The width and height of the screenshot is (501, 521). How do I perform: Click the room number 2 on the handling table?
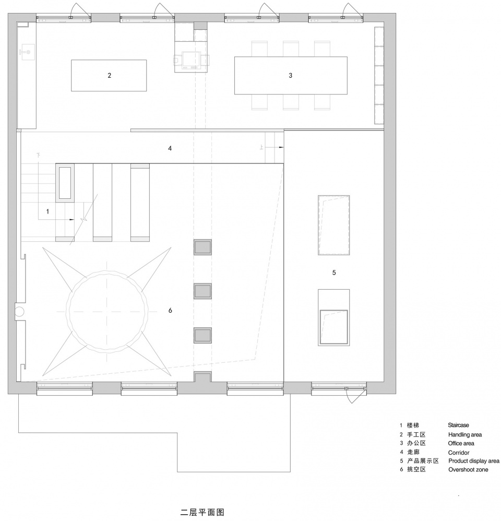pyautogui.click(x=109, y=75)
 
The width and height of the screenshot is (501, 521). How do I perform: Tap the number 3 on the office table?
pyautogui.click(x=290, y=75)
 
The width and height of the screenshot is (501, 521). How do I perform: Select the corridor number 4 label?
pyautogui.click(x=170, y=148)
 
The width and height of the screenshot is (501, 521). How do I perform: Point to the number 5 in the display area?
pyautogui.click(x=334, y=273)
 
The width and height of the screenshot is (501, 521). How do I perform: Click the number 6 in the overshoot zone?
pyautogui.click(x=170, y=310)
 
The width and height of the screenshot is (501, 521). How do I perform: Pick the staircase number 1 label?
pyautogui.click(x=47, y=211)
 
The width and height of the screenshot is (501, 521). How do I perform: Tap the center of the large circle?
pyautogui.click(x=107, y=311)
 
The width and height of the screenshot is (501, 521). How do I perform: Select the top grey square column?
pyautogui.click(x=202, y=247)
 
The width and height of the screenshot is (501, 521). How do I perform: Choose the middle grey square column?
pyautogui.click(x=202, y=291)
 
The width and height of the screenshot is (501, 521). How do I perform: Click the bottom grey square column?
pyautogui.click(x=202, y=335)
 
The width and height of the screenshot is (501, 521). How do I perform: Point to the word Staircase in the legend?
pyautogui.click(x=458, y=425)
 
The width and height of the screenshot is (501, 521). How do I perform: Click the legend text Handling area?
pyautogui.click(x=465, y=435)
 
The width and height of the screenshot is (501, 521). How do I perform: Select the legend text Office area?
pyautogui.click(x=461, y=443)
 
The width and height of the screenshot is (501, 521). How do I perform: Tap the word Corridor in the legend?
pyautogui.click(x=459, y=453)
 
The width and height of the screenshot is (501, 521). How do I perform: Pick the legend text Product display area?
pyautogui.click(x=474, y=461)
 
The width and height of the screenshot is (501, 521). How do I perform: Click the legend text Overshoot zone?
pyautogui.click(x=468, y=469)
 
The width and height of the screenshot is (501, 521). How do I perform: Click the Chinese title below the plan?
pyautogui.click(x=202, y=512)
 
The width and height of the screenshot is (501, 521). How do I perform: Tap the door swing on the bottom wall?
pyautogui.click(x=350, y=396)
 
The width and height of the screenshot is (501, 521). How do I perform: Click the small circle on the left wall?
pyautogui.click(x=19, y=312)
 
